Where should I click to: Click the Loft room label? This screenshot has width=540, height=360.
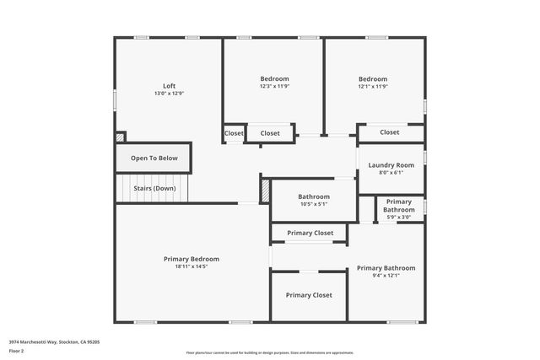point(169,85)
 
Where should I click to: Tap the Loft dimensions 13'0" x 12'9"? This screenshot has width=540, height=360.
point(169,93)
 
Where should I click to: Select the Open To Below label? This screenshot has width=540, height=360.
point(154,158)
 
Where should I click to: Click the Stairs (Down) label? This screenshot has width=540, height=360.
point(154,188)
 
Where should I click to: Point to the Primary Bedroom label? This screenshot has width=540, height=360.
point(192,259)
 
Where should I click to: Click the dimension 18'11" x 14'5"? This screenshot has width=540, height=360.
point(192,266)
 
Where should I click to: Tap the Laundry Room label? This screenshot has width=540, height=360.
point(391,164)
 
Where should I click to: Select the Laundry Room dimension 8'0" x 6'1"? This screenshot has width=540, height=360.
point(391,172)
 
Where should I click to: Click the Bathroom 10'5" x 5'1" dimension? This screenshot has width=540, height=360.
point(313,203)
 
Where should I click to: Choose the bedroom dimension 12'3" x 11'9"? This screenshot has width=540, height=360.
point(274,86)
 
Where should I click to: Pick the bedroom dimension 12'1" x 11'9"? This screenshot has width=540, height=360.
point(372,86)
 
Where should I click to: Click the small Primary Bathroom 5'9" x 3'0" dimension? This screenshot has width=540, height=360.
point(398,217)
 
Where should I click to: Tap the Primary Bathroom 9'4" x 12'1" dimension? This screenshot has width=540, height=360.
point(386,276)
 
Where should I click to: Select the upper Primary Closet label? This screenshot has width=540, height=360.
point(310,233)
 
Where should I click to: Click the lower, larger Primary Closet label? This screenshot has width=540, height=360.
point(308,295)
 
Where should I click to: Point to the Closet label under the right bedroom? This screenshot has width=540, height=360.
point(389,132)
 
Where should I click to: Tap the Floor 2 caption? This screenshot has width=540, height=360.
point(18,349)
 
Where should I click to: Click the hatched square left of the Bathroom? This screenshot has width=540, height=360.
point(265,190)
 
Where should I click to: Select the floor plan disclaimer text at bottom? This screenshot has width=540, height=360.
point(269,352)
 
